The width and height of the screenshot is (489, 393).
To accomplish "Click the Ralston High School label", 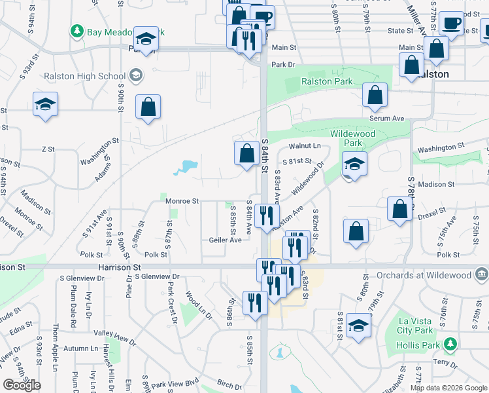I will click(85, 76).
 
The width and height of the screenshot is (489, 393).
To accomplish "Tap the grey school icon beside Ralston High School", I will click(136, 75).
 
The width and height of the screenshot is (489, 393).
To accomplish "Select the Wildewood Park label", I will click(353, 138).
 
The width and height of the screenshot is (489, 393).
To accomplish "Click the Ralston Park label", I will click(327, 82).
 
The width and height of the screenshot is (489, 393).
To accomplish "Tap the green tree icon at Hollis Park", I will click(449, 344).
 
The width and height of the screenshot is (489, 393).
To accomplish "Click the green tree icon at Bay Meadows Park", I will click(77, 31).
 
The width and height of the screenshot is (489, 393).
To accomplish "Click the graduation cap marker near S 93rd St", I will click(45, 105).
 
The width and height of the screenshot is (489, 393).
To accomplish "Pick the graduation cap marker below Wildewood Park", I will click(354, 164).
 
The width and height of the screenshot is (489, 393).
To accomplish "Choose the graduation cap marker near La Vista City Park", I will click(358, 326).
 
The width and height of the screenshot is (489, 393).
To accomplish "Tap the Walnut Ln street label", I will click(306, 146).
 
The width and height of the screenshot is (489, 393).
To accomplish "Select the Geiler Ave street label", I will click(225, 240).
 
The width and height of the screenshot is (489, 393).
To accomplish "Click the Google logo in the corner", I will click(22, 385).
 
